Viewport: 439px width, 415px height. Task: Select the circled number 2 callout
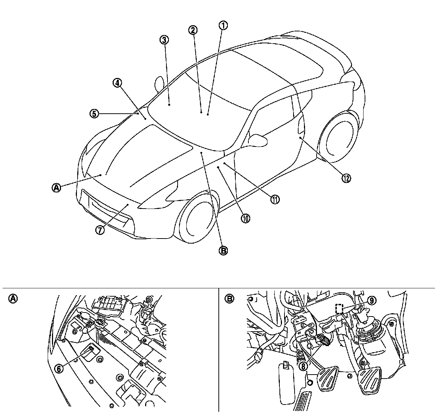(193, 30)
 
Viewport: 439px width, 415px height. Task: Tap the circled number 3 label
(164, 40)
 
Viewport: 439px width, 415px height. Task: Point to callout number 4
(117, 83)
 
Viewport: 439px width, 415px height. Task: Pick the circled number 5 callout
(94, 114)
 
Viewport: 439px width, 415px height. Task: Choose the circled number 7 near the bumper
(100, 230)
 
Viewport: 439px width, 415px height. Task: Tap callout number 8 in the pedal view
(303, 366)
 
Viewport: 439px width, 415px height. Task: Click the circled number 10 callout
(245, 218)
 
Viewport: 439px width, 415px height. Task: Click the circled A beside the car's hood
(56, 187)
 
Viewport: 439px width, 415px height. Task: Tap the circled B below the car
(223, 250)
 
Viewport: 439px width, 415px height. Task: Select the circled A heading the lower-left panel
(13, 298)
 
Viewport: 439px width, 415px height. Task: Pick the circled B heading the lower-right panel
(230, 298)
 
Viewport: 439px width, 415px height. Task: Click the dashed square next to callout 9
(339, 309)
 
